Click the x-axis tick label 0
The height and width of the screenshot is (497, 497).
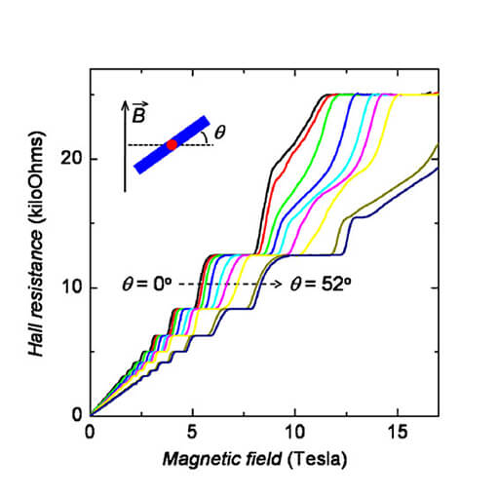pyautogui.click(x=90, y=430)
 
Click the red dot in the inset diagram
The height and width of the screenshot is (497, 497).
pyautogui.click(x=172, y=145)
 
